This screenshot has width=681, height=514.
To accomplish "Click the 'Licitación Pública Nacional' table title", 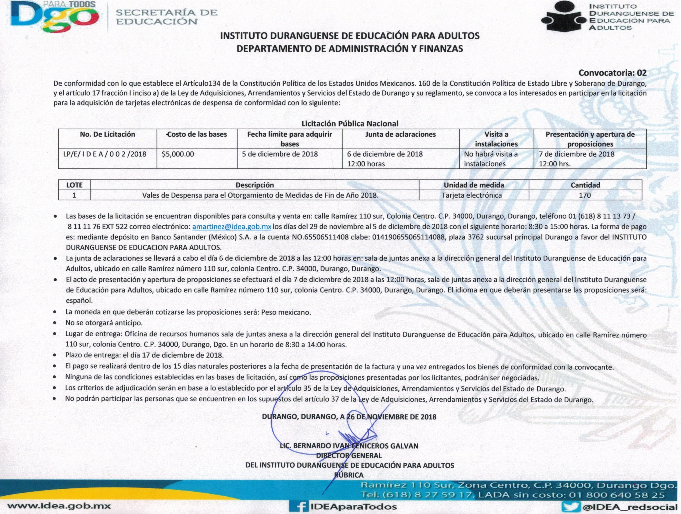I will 350,124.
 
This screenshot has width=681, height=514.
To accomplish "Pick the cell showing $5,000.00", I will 178,154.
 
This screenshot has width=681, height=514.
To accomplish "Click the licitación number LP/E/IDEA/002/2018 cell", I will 105,154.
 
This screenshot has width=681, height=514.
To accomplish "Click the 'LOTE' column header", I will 74,185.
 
